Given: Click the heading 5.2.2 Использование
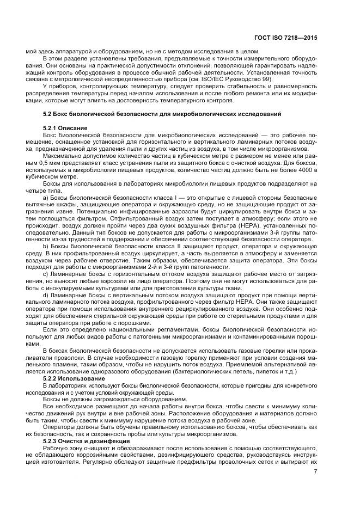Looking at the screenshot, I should click(x=74, y=377).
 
